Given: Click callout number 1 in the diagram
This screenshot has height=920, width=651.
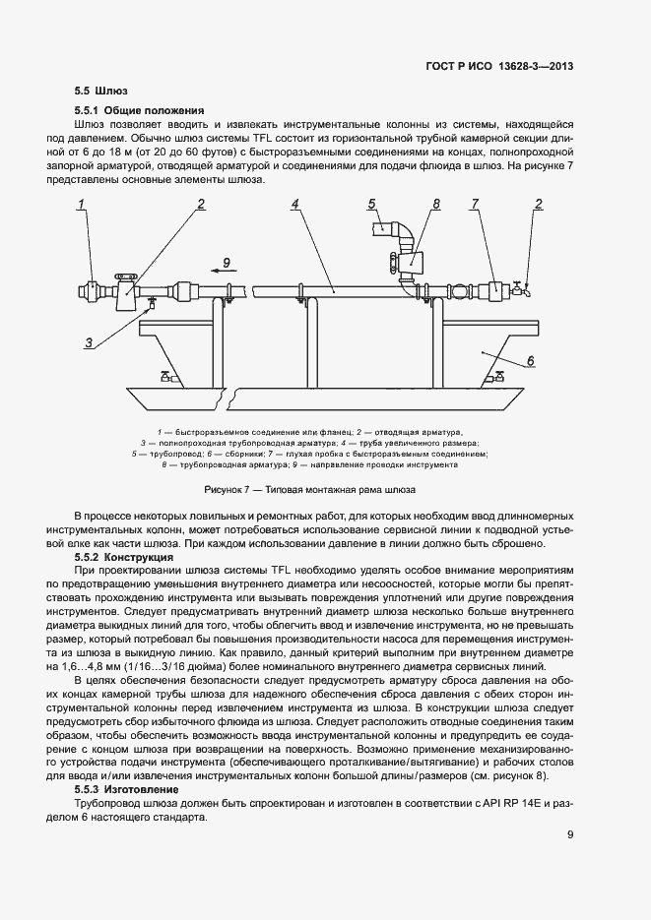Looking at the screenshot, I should (84, 205).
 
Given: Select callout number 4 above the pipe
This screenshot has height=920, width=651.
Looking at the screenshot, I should (294, 205).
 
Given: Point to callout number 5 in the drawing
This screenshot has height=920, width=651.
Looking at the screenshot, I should (372, 204).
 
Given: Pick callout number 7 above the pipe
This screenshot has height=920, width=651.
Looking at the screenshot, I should (475, 205).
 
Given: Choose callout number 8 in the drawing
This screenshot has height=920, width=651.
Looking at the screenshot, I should (435, 205).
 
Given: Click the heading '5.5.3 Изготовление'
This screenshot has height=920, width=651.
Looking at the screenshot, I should (127, 789).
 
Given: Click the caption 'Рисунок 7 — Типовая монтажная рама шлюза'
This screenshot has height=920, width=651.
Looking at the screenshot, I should (310, 488).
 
